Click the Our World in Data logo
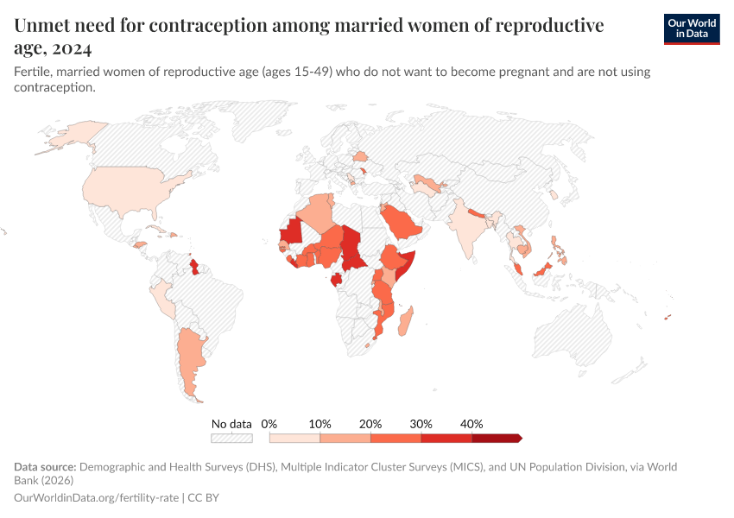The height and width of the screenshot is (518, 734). [x=691, y=28]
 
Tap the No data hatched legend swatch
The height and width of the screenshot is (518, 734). [x=231, y=439]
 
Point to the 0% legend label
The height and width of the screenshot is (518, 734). [x=269, y=424]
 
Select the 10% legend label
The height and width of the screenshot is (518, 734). [x=320, y=424]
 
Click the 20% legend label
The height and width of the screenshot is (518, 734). [x=370, y=424]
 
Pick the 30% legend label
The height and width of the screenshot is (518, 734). [x=421, y=424]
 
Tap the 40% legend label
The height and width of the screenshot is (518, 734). [x=471, y=424]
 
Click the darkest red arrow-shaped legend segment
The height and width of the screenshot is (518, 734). [x=497, y=439]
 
